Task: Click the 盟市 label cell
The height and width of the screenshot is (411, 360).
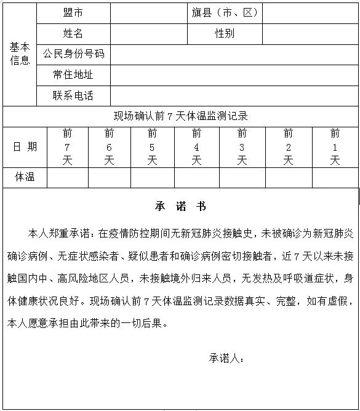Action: point(74,13)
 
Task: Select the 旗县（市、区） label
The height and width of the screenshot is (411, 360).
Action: point(225,13)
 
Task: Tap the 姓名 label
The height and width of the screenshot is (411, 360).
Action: point(74,33)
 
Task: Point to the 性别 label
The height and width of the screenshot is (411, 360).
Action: point(225,33)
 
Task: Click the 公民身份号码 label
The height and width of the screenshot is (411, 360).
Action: point(74,54)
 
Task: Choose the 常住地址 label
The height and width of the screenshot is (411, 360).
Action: point(74,74)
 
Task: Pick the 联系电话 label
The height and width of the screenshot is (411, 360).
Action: point(74,95)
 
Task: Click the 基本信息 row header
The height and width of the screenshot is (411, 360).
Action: point(20,54)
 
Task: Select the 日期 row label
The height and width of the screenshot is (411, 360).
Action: point(25,146)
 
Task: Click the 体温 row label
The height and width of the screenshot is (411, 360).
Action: point(25,178)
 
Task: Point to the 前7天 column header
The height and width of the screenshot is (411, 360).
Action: point(68,147)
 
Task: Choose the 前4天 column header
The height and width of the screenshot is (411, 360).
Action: point(196,147)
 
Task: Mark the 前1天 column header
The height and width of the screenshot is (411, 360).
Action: point(335,147)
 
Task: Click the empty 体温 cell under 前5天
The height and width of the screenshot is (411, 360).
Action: point(152,178)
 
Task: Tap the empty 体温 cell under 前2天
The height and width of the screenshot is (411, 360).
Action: point(288,178)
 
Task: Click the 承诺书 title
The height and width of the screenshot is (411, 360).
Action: point(180,206)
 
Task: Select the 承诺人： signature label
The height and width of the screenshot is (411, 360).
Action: point(227,357)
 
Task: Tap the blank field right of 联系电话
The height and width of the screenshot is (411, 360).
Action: point(234,95)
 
